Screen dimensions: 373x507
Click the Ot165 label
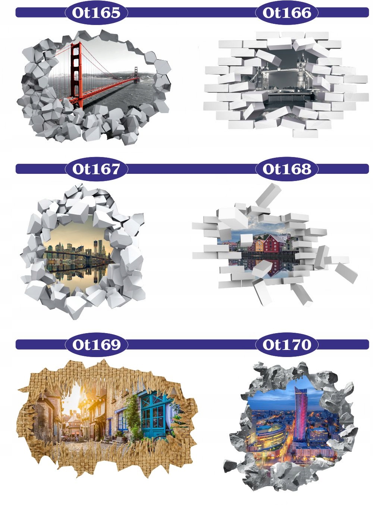point(96,13)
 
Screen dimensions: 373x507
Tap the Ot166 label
point(287,13)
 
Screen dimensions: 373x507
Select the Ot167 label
point(96,169)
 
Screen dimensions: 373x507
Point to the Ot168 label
point(287,169)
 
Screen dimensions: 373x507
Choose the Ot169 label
point(96,344)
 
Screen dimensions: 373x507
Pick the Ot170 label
point(287,344)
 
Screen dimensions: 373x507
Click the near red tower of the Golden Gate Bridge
point(76,75)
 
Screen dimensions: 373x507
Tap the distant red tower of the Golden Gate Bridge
point(136,74)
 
